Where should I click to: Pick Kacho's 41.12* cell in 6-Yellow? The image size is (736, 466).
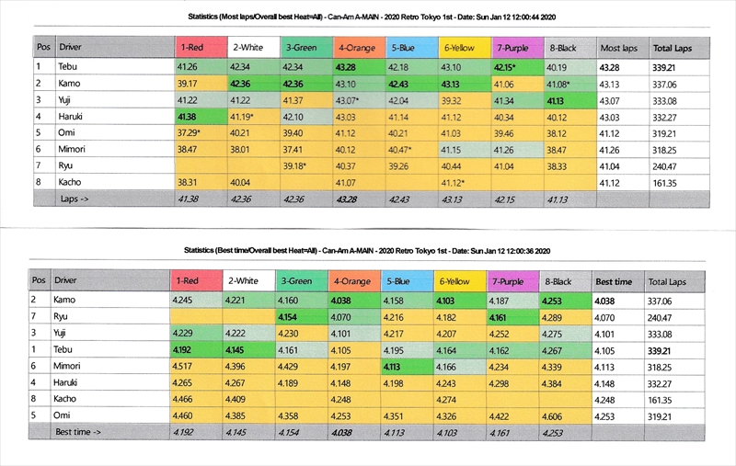pos(454,183)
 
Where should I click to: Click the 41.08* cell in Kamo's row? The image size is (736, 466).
pos(560,83)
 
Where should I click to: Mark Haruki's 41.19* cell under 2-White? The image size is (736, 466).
pos(243,116)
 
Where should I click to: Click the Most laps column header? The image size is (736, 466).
pos(618,46)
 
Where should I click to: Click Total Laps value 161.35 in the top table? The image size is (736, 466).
pos(668,183)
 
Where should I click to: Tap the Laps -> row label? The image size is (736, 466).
pos(75,199)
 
